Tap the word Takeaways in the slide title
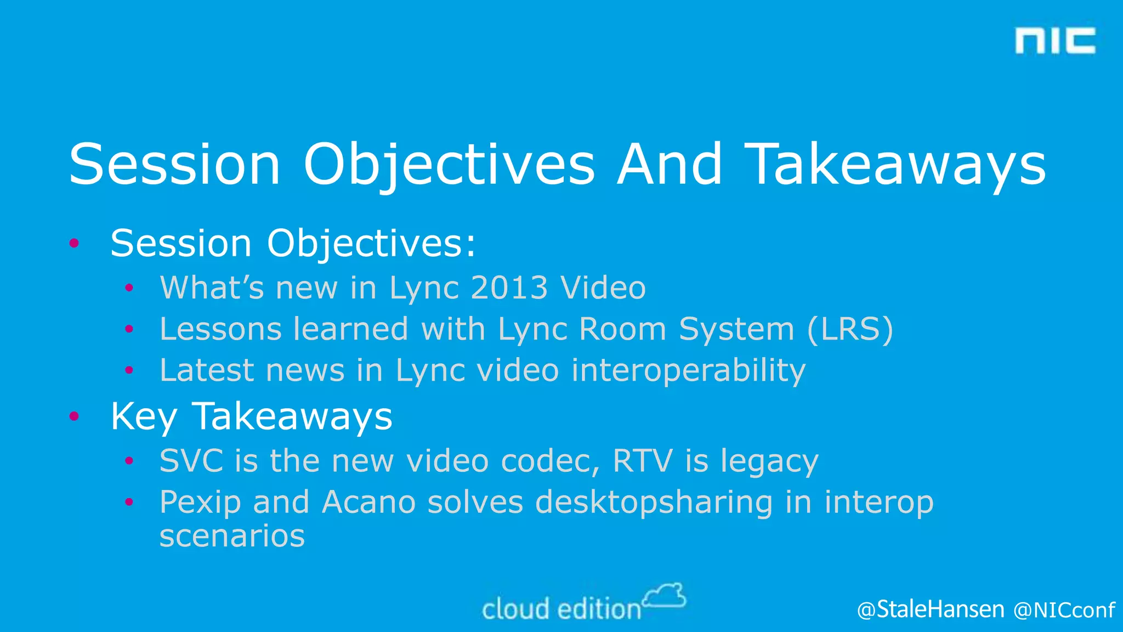click(x=897, y=165)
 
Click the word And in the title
click(x=669, y=165)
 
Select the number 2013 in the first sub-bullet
click(x=509, y=287)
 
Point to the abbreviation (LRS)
click(x=850, y=329)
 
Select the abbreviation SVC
click(x=191, y=460)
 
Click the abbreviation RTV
click(x=642, y=460)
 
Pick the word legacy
click(x=769, y=461)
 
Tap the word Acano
click(x=368, y=502)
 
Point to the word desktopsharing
click(x=654, y=503)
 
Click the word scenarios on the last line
click(x=232, y=536)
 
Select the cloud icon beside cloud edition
click(x=665, y=596)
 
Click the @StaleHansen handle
click(x=931, y=610)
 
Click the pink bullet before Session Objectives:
click(x=75, y=243)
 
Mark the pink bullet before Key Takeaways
click(x=75, y=416)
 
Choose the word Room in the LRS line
click(x=622, y=329)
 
